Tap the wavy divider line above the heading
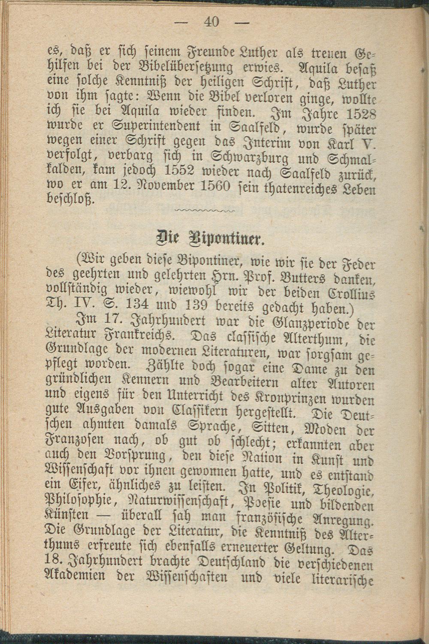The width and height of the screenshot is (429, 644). coord(205,210)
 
